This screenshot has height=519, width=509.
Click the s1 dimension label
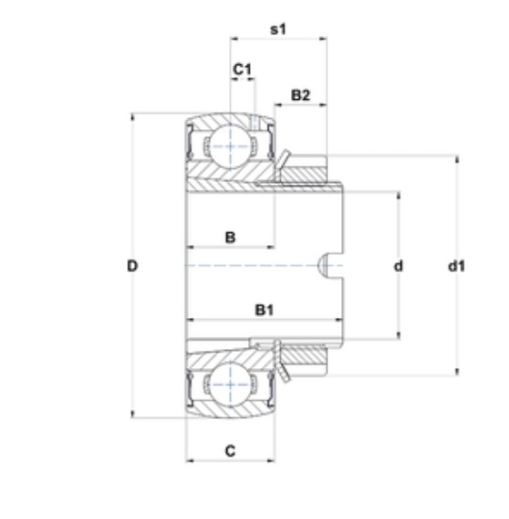point(278,29)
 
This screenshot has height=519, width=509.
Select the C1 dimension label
point(242,70)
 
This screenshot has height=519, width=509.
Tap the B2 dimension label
point(301,95)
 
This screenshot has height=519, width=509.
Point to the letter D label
point(132,266)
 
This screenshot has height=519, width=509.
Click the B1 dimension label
point(265,310)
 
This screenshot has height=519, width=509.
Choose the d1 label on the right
point(456,266)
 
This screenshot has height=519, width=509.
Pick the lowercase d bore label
point(399,266)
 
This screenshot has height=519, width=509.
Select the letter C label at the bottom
point(230,451)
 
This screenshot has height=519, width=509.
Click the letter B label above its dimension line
point(230,237)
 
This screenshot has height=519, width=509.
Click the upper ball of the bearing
point(230,146)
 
